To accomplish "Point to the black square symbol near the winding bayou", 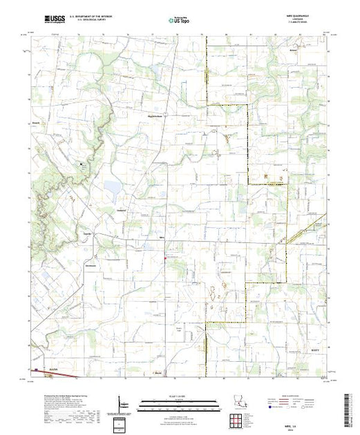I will pos(81,164).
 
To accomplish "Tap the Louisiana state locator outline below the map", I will pos(240,402).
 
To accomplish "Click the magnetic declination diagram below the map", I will pos(122,402).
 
